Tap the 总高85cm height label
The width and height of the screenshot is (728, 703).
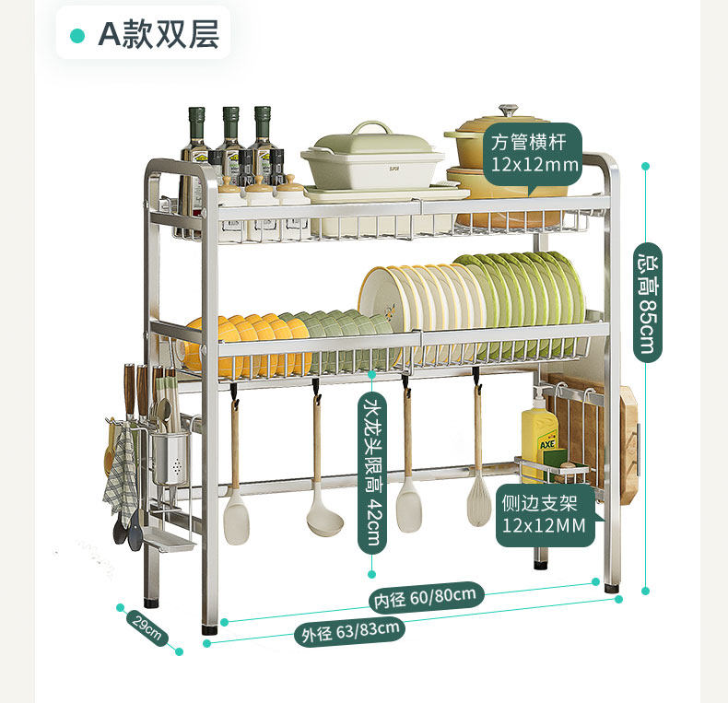tap(647, 300)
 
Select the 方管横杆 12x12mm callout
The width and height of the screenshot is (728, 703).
tap(534, 154)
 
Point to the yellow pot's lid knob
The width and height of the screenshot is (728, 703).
tap(509, 112)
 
